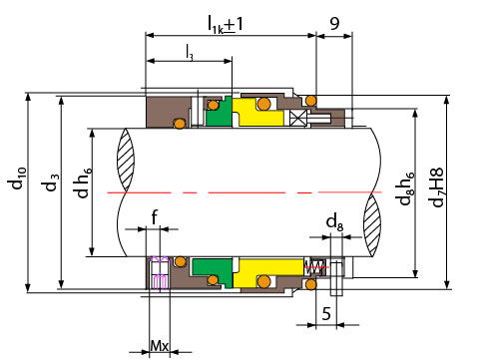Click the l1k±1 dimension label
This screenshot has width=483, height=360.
(x=226, y=24)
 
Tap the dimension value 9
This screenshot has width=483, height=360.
(x=334, y=23)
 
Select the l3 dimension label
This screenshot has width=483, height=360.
(x=190, y=53)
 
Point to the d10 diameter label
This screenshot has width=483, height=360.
(x=18, y=178)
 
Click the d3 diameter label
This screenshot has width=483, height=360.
(x=51, y=182)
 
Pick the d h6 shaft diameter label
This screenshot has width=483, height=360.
(x=83, y=182)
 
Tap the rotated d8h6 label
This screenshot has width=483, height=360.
(x=406, y=188)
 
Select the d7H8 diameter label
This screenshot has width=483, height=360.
(x=436, y=187)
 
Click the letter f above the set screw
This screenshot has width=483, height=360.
(x=154, y=217)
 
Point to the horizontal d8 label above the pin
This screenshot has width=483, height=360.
(x=334, y=222)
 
